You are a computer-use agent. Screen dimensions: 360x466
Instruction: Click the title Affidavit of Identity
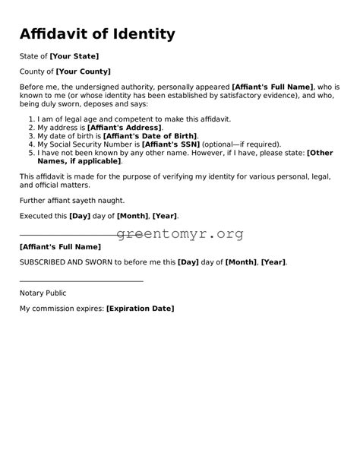(x=97, y=34)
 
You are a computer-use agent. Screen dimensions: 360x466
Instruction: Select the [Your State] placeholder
(x=74, y=56)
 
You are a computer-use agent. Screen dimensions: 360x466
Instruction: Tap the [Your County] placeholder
(x=84, y=71)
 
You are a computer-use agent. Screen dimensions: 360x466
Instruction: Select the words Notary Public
(x=43, y=293)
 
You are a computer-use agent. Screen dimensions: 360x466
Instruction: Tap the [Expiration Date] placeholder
(x=140, y=309)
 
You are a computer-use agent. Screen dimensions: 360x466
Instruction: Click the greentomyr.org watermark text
(x=181, y=234)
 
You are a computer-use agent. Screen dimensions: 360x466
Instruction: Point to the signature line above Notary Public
(x=81, y=281)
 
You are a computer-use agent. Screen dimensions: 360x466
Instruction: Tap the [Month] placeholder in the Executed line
(x=133, y=216)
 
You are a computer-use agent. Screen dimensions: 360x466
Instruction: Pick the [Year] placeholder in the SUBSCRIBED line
(x=273, y=262)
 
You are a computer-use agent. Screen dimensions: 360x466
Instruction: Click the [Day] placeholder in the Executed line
(x=80, y=216)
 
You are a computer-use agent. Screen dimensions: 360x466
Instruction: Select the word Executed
(x=34, y=216)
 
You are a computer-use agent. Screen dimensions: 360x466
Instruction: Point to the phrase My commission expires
(x=62, y=309)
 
